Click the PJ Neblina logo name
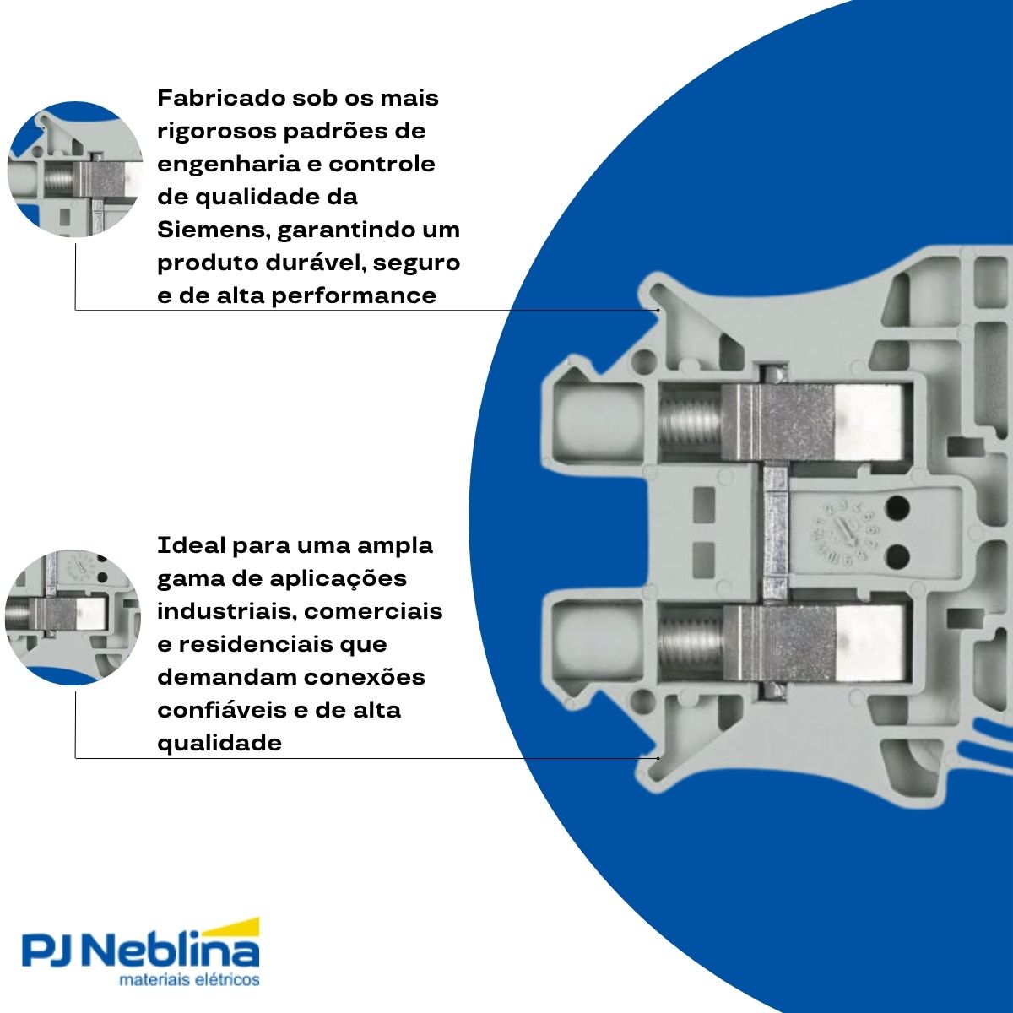click(140, 952)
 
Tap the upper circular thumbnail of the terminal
click(75, 169)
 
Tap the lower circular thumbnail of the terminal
click(72, 618)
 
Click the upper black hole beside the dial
click(898, 509)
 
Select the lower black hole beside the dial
click(898, 555)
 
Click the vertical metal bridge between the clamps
click(774, 533)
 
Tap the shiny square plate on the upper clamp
click(869, 421)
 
